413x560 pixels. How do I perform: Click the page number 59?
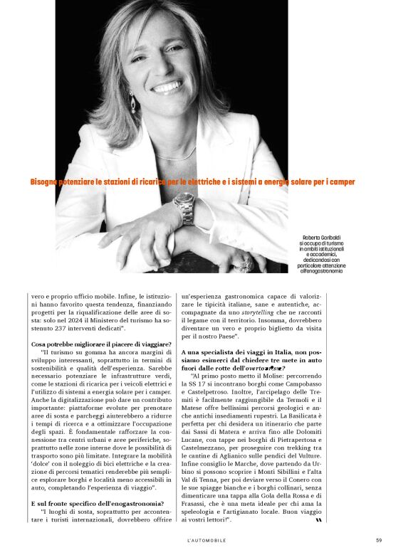tap(379, 540)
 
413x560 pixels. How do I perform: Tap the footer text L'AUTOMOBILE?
tap(206, 540)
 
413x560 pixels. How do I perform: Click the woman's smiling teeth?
tap(166, 88)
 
